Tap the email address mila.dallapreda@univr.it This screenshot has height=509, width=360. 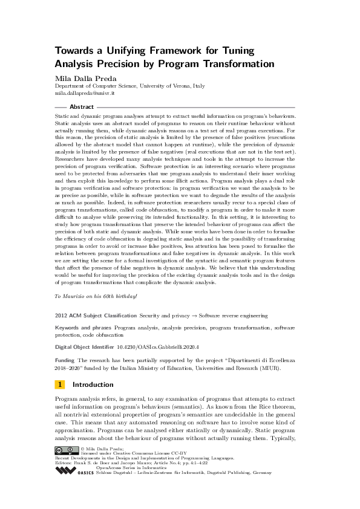85,94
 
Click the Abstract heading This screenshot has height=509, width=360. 82,106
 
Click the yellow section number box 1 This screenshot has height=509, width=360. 60,384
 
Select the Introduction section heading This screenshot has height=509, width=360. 93,384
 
